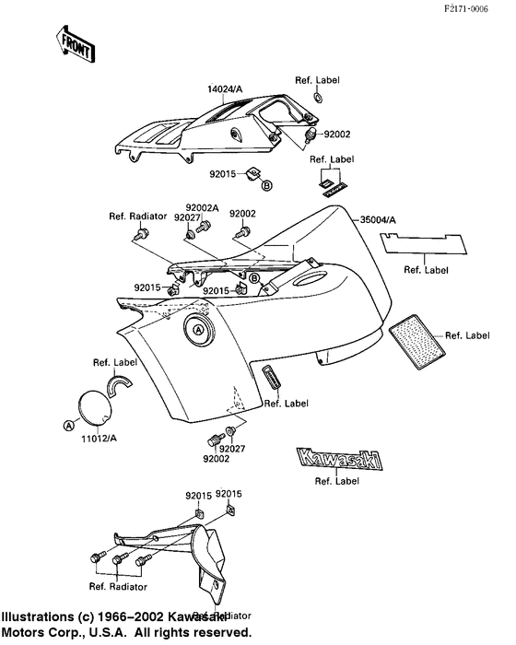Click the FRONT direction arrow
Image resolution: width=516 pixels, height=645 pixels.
pos(76,43)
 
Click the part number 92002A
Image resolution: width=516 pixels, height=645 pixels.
pos(203,207)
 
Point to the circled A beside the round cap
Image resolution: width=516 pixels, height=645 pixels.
pos(67,425)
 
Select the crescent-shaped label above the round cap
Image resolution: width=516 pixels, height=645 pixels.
pos(123,381)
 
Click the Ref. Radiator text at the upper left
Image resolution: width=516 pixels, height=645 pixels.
pos(137,217)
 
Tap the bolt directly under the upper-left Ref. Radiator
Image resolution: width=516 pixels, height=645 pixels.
pos(139,236)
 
